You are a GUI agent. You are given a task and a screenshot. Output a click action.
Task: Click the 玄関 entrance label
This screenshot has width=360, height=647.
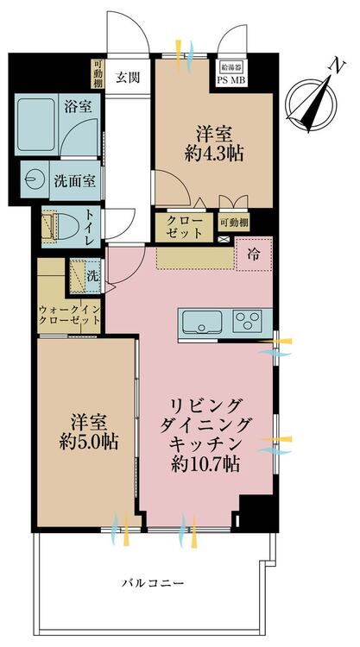coord(127,77)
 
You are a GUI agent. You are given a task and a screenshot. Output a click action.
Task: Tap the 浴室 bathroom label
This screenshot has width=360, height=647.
coord(78,107)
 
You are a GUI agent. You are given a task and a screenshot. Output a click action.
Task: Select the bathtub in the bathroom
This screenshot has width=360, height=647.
coord(36,124)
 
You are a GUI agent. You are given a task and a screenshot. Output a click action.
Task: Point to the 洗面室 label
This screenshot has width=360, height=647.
coord(74,181)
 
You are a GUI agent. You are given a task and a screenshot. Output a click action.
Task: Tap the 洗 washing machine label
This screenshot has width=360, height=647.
coord(93,276)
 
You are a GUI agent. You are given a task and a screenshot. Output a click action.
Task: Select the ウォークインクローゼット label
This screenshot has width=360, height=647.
coord(69,315)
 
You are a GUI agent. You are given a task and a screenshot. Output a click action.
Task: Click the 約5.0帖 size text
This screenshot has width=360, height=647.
coord(88,443)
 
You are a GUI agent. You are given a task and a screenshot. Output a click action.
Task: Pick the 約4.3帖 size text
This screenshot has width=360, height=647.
coord(213,154)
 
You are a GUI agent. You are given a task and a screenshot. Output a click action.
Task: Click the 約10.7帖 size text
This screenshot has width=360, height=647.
coord(205,464)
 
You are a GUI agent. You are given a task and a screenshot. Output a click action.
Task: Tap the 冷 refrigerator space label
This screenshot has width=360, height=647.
coord(254,255)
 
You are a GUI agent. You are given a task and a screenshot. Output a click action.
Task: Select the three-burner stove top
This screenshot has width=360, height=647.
coord(247,321)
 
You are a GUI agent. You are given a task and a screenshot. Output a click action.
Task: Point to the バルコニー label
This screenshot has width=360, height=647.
coord(153,583)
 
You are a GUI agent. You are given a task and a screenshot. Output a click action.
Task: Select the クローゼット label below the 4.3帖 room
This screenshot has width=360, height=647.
coord(184,227)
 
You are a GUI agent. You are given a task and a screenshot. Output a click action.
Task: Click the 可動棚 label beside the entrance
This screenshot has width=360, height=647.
coord(98,74)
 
